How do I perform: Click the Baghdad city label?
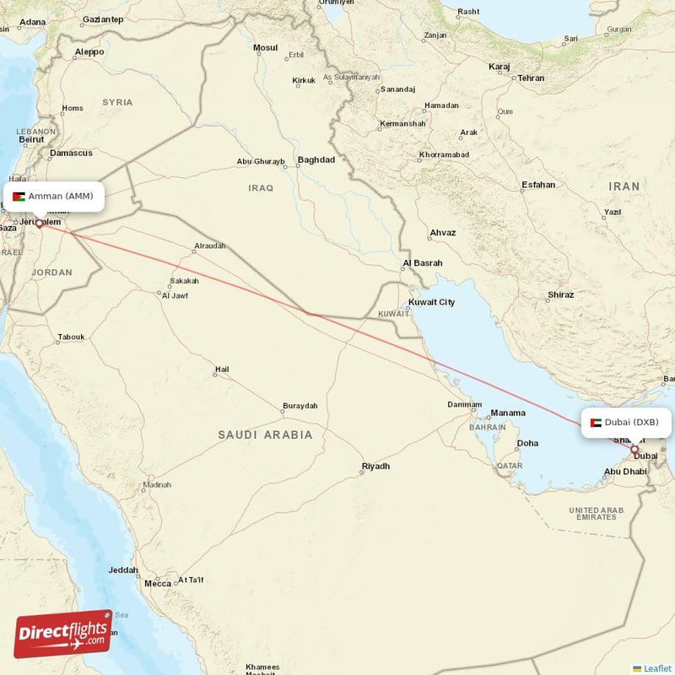316,159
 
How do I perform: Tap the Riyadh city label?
375,466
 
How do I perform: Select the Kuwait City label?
431,302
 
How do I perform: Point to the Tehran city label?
531,78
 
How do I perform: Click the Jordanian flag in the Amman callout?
19,197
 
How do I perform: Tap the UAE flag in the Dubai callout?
596,422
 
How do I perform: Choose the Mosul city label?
265,47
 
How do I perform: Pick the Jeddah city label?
123,570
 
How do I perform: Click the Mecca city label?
157,583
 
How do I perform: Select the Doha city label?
527,443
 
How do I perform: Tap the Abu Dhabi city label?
625,472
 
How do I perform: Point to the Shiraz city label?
560,294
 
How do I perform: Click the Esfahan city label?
538,184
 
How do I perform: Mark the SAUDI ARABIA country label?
265,435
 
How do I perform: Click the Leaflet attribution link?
656,668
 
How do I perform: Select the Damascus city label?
71,153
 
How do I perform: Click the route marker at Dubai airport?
634,450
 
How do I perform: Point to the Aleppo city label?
89,51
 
